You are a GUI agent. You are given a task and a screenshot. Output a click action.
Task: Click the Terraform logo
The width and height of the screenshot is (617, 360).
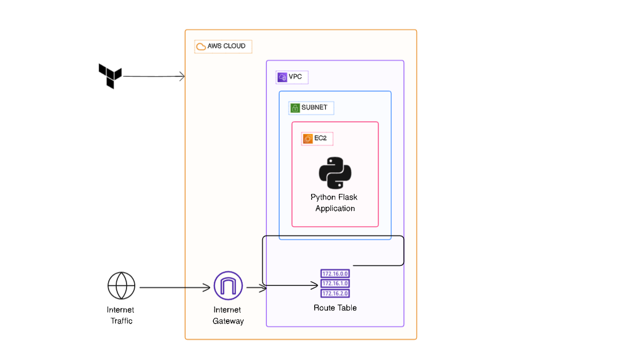click(110, 76)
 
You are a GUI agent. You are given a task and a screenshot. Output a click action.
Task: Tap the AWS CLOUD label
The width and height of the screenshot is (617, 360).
click(227, 46)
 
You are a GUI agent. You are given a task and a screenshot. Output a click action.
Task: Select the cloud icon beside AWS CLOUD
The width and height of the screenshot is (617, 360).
click(201, 47)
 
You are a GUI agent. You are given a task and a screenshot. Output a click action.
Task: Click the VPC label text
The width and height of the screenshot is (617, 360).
click(296, 77)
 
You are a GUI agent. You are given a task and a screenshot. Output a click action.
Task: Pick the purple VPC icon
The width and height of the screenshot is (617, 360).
click(282, 77)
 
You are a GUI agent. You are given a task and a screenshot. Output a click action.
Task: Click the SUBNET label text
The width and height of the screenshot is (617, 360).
click(314, 107)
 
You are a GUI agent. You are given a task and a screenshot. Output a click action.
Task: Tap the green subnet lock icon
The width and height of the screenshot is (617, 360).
click(295, 108)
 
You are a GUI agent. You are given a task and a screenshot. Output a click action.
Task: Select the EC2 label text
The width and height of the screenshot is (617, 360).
click(320, 138)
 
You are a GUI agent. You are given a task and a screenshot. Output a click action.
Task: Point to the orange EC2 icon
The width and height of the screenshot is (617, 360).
click(307, 138)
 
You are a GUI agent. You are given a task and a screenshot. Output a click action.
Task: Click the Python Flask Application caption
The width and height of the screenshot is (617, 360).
click(335, 203)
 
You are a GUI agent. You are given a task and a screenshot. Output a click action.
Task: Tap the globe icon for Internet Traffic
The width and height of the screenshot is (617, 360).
click(121, 285)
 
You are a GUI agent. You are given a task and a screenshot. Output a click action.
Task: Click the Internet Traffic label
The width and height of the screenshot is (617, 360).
click(121, 315)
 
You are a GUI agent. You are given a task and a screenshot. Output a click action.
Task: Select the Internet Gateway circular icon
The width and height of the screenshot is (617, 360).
click(228, 285)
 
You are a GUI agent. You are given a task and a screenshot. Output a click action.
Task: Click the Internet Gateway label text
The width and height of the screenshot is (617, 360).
click(228, 315)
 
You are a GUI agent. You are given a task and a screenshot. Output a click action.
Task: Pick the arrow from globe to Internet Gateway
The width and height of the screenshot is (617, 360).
click(175, 287)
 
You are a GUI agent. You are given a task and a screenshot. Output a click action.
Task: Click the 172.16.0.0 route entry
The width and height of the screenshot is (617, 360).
click(335, 274)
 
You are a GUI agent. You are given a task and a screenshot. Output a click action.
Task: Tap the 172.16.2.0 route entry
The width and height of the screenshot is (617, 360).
click(335, 293)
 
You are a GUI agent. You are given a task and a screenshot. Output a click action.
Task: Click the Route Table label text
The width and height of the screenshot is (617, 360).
click(335, 308)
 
